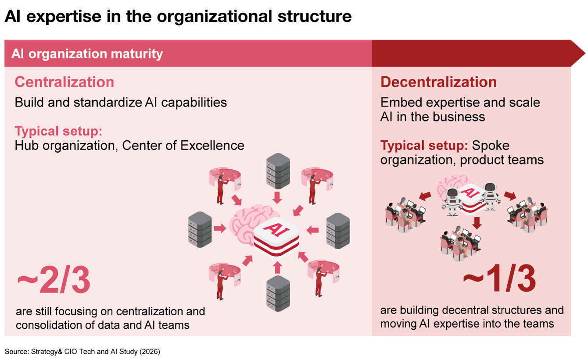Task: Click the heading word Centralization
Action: click(x=65, y=82)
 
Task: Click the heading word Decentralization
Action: click(x=438, y=82)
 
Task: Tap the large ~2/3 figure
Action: click(x=54, y=280)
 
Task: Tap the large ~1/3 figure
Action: click(x=499, y=278)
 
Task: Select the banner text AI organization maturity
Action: click(x=87, y=54)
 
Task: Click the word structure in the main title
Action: click(x=315, y=16)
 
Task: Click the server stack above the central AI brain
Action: click(x=278, y=171)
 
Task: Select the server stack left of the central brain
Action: click(x=200, y=230)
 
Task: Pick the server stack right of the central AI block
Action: click(x=338, y=231)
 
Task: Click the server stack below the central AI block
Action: click(x=278, y=294)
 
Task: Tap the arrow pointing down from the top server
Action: click(x=277, y=198)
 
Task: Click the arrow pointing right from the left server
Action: click(x=220, y=228)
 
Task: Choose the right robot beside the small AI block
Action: click(x=490, y=196)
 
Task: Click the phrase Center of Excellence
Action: click(x=183, y=146)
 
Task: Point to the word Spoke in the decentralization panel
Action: click(x=491, y=146)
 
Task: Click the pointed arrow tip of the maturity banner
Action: click(x=585, y=53)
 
